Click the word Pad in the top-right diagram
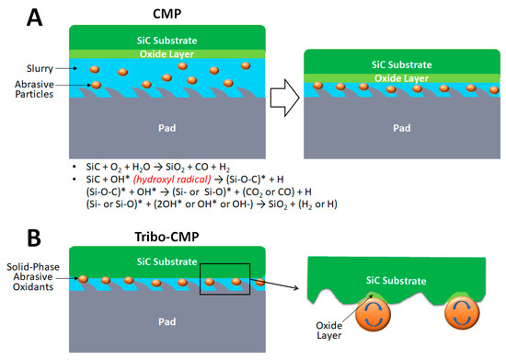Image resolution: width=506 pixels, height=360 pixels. (402, 118)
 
